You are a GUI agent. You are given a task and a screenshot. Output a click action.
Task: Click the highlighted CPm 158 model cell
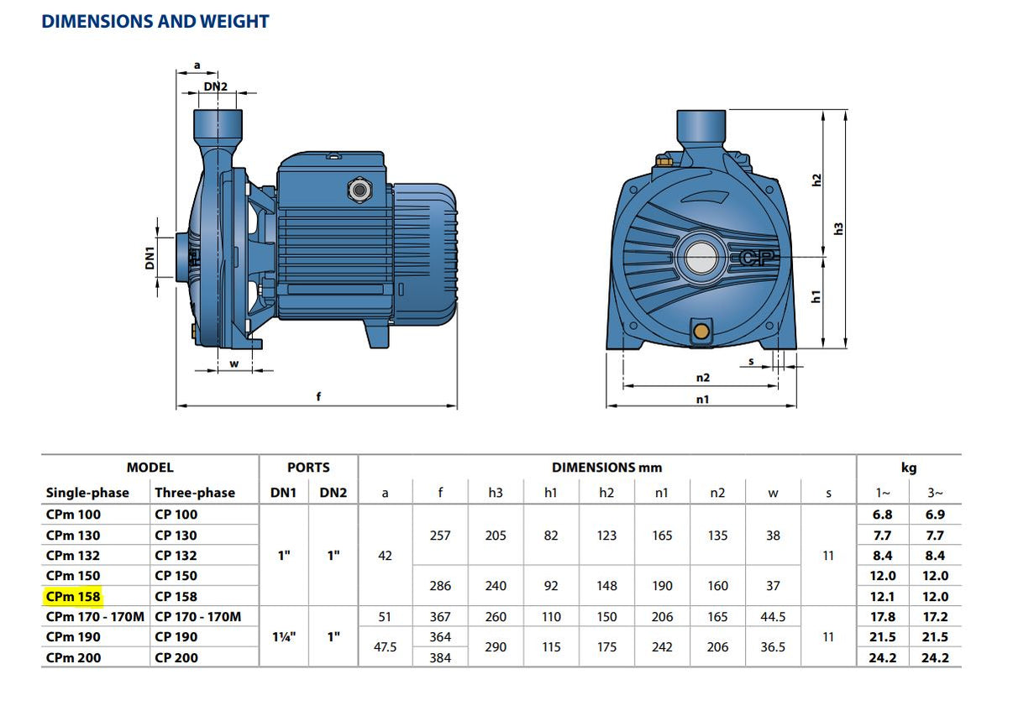point(73,597)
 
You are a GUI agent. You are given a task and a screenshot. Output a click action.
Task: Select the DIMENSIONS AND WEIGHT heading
point(155,22)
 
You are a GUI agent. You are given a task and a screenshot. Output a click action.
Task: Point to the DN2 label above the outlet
point(215,86)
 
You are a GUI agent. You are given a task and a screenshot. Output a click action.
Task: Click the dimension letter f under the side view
point(318,396)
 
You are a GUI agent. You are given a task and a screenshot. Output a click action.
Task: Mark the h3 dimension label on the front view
point(837,228)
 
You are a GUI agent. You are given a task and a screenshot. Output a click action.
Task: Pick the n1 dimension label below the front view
point(701,400)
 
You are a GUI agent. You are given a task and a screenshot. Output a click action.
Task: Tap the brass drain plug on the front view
point(701,330)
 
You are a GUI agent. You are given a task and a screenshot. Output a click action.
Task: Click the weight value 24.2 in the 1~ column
point(882,658)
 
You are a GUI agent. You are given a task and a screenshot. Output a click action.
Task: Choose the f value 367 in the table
point(440,617)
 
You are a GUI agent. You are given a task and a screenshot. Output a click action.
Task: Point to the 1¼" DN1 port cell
point(284,637)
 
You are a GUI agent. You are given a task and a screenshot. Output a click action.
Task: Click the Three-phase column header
point(195,493)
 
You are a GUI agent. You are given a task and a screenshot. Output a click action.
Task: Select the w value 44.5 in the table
point(773,617)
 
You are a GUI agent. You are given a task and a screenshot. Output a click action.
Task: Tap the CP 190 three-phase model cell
point(176,637)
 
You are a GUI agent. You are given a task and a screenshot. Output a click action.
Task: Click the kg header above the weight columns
point(909,468)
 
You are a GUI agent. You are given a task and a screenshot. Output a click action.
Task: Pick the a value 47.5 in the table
point(385,647)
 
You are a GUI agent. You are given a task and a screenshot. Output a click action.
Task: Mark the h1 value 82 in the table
point(551,536)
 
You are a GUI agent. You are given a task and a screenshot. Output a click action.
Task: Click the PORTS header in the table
point(308,468)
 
